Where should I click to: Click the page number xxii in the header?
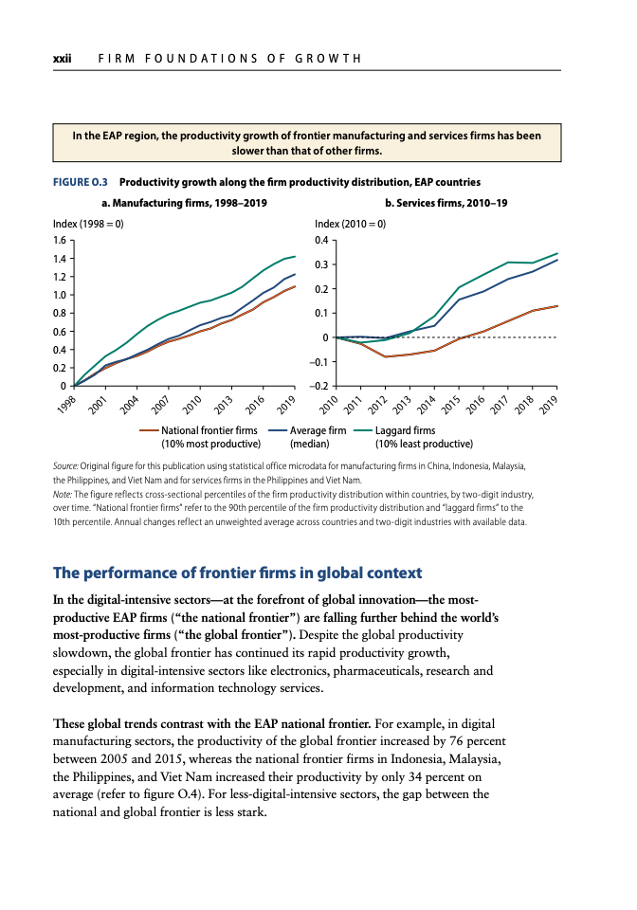[62, 59]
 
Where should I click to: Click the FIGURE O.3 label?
[80, 182]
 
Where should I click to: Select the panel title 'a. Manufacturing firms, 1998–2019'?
[184, 203]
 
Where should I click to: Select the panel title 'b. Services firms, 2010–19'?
[446, 203]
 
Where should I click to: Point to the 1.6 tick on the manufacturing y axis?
[59, 240]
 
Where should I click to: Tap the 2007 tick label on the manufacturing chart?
[160, 404]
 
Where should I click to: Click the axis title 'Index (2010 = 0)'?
[350, 224]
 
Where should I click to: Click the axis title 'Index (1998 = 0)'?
[88, 224]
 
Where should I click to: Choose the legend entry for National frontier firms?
[200, 437]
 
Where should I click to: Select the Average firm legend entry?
[308, 437]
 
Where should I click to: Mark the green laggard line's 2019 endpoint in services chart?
[557, 254]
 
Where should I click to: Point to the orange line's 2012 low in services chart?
[385, 356]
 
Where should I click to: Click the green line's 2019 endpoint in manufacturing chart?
[295, 257]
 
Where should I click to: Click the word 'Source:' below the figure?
[65, 466]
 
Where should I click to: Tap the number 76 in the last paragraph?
[457, 741]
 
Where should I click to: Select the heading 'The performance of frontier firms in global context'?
[237, 573]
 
